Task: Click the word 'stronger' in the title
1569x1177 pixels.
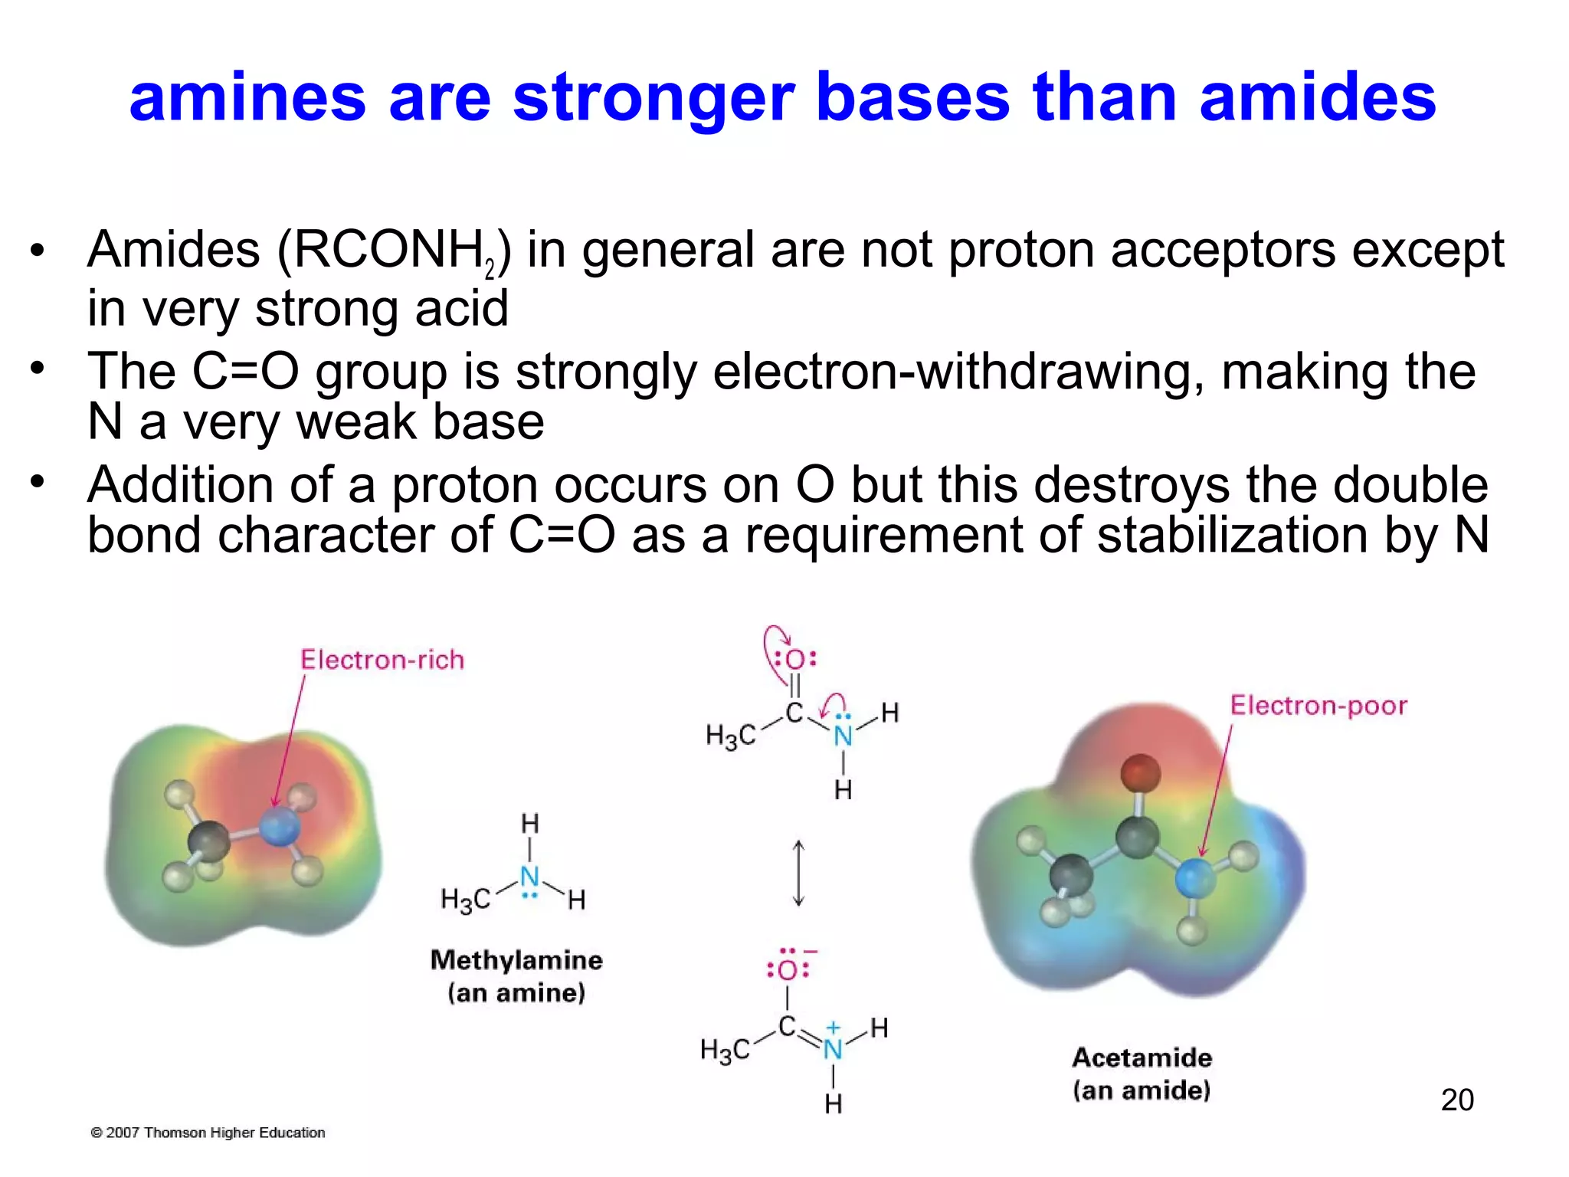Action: point(653,98)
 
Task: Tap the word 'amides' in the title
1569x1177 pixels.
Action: point(1317,98)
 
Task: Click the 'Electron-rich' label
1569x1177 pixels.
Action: point(382,660)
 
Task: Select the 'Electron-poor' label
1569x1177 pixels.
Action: point(1318,705)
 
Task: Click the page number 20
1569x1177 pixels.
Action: point(1457,1100)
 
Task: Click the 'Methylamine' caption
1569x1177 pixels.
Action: point(516,960)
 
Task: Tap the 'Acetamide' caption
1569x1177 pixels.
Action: point(1142,1057)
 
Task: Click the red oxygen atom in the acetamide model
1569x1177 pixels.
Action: point(1141,772)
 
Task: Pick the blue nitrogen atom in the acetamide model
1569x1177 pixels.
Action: point(1195,878)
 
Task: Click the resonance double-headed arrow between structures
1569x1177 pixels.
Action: point(798,873)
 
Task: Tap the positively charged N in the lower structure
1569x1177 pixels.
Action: point(833,1048)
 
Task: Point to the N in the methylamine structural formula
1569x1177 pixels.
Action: point(529,877)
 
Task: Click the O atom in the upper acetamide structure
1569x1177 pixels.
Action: point(795,660)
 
